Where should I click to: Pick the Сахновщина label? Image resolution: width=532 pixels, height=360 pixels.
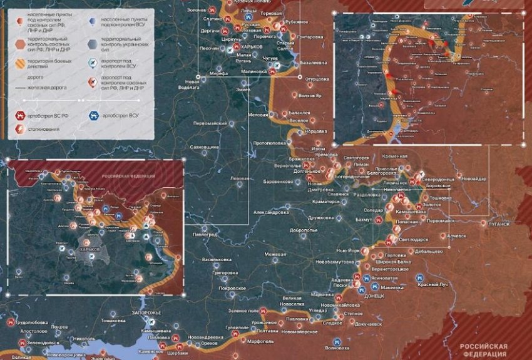coord(204,147)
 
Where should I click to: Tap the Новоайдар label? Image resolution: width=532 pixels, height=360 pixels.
coord(475,179)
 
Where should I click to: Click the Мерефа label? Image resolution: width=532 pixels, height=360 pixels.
coord(218,73)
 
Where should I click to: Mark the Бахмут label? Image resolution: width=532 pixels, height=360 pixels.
coord(363,220)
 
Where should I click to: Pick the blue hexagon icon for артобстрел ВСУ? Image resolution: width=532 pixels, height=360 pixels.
coord(93,115)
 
